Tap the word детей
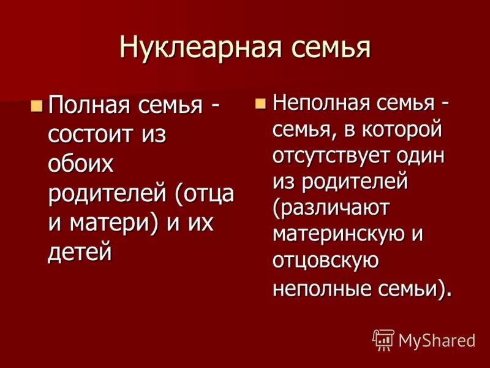pos(80,251)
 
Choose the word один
pos(422,155)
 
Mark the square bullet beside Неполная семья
pos(262,102)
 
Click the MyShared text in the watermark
pos(437,339)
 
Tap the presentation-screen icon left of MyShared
pos(383,339)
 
